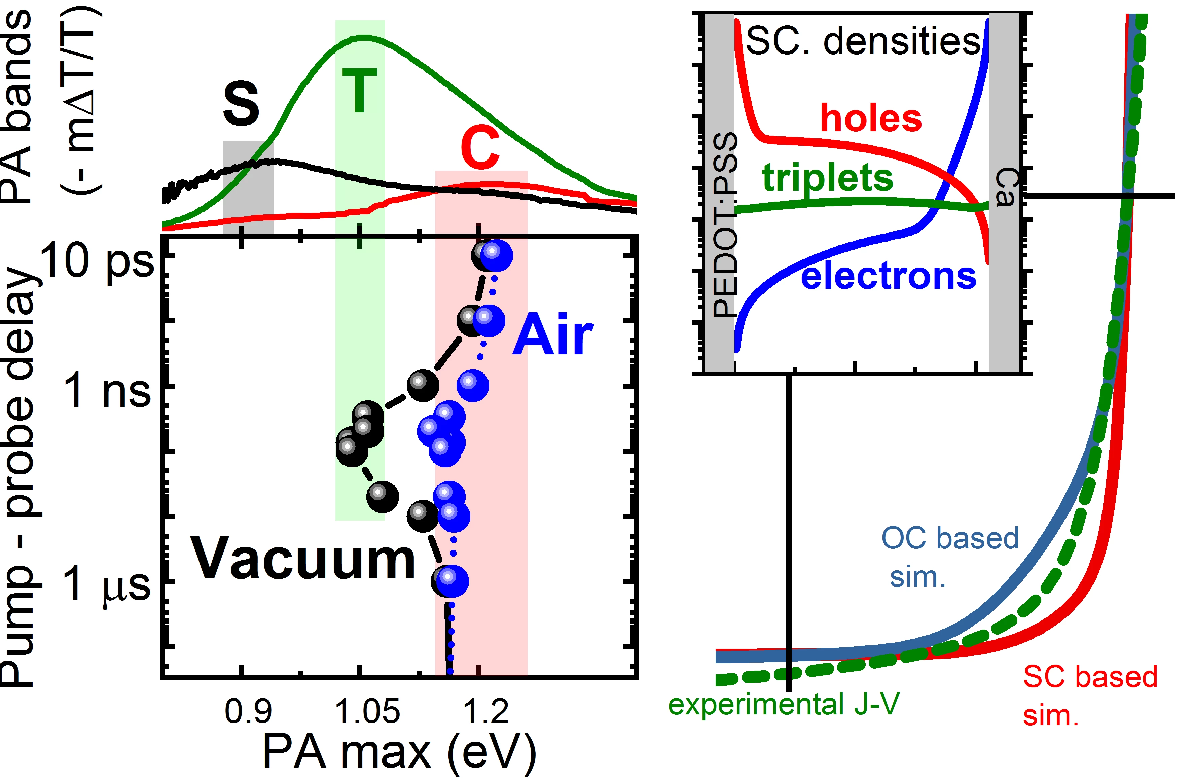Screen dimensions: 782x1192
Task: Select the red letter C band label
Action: coord(480,148)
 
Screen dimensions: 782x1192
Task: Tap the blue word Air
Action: coord(552,335)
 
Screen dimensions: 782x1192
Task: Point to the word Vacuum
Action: coord(303,559)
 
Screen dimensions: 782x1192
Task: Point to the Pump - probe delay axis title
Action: coord(20,476)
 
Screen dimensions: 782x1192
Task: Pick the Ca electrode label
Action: coord(1005,187)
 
